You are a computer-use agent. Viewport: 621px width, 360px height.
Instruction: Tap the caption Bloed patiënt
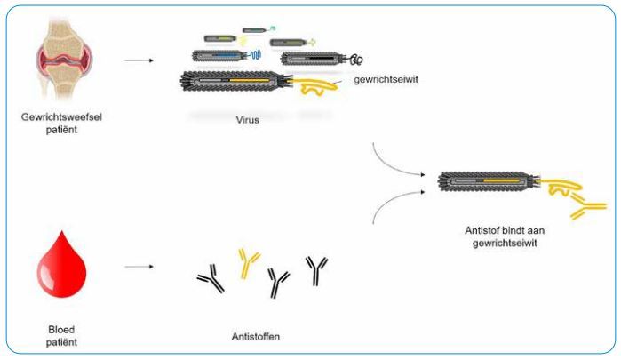60,333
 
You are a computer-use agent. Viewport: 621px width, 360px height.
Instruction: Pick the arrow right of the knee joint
137,62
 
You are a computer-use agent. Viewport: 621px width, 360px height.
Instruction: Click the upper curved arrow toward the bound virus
401,161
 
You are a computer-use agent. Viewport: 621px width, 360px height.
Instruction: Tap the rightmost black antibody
317,270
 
